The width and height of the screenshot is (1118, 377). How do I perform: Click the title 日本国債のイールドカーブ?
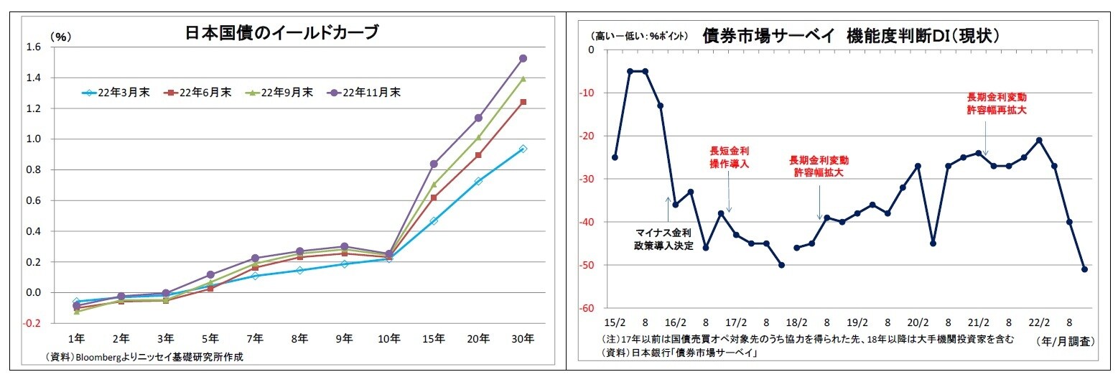point(281,32)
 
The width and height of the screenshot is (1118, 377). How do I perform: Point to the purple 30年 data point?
point(523,58)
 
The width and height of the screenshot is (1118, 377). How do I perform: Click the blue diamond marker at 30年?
point(523,149)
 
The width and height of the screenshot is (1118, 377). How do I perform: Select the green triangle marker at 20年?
point(478,136)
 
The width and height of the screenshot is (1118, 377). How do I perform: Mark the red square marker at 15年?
point(434,197)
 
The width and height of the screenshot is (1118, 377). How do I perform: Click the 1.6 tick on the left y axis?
point(34,47)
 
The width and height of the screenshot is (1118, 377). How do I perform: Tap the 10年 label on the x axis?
point(388,338)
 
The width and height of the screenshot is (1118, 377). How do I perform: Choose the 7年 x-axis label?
point(255,338)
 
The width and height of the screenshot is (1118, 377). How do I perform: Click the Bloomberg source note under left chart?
point(144,357)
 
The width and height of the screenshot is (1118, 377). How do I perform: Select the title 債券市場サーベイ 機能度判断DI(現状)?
point(851,35)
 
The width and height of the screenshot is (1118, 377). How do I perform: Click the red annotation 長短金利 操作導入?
point(730,157)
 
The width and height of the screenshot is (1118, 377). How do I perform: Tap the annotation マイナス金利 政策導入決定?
point(663,239)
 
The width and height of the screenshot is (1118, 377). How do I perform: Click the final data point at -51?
point(1084,269)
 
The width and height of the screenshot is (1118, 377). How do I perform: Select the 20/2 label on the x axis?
point(918,322)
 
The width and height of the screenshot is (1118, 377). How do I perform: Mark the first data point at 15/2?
point(615,157)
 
